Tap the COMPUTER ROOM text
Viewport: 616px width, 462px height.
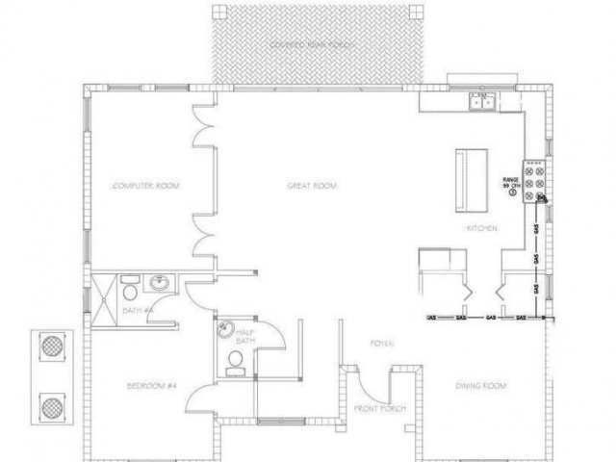tap(147, 185)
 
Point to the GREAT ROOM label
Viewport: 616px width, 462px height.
tap(313, 185)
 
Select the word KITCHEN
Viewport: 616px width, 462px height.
tap(481, 228)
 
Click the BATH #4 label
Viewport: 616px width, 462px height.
tap(138, 310)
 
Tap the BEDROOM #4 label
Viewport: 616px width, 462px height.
tap(151, 386)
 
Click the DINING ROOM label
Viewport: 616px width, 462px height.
tap(480, 386)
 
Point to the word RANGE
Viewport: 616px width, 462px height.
tap(510, 180)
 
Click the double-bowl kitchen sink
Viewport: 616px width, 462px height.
tap(480, 100)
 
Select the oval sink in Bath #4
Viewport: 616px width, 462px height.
tap(159, 284)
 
